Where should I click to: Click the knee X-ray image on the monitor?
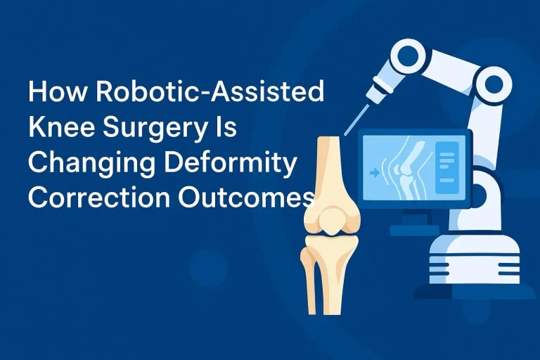pyautogui.click(x=404, y=169)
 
